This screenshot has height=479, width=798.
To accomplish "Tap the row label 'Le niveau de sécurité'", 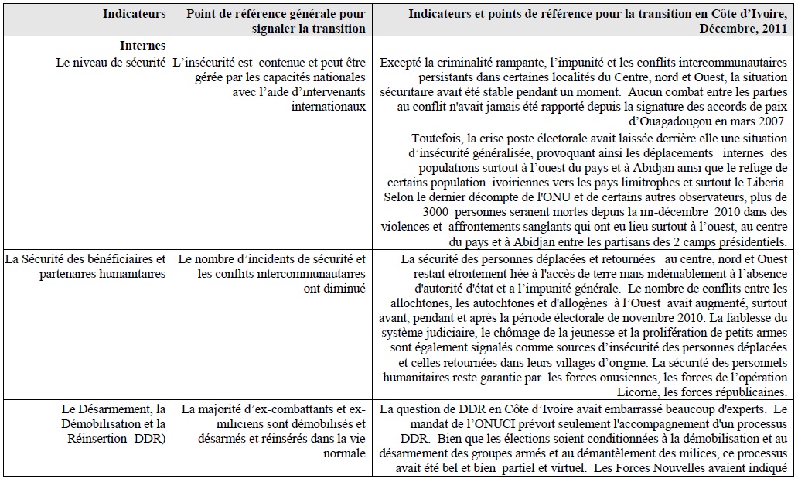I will click(x=111, y=63).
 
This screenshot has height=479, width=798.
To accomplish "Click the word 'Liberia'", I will click(x=768, y=183).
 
